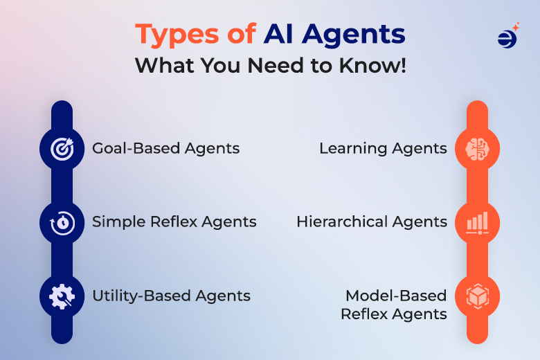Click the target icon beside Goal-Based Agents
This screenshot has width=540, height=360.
62,148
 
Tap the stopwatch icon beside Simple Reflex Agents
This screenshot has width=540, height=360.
62,222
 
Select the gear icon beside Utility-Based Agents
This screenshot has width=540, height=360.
62,296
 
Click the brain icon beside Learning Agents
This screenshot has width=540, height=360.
477,148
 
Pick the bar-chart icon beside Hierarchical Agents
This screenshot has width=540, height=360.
477,222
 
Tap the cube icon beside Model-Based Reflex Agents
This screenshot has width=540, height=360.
477,296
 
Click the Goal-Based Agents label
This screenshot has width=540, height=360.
166,148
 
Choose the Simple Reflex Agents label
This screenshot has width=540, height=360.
174,222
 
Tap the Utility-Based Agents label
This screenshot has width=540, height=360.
172,296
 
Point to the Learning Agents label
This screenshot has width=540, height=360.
383,148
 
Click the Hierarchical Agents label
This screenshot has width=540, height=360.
372,222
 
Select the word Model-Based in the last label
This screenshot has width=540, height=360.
396,296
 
